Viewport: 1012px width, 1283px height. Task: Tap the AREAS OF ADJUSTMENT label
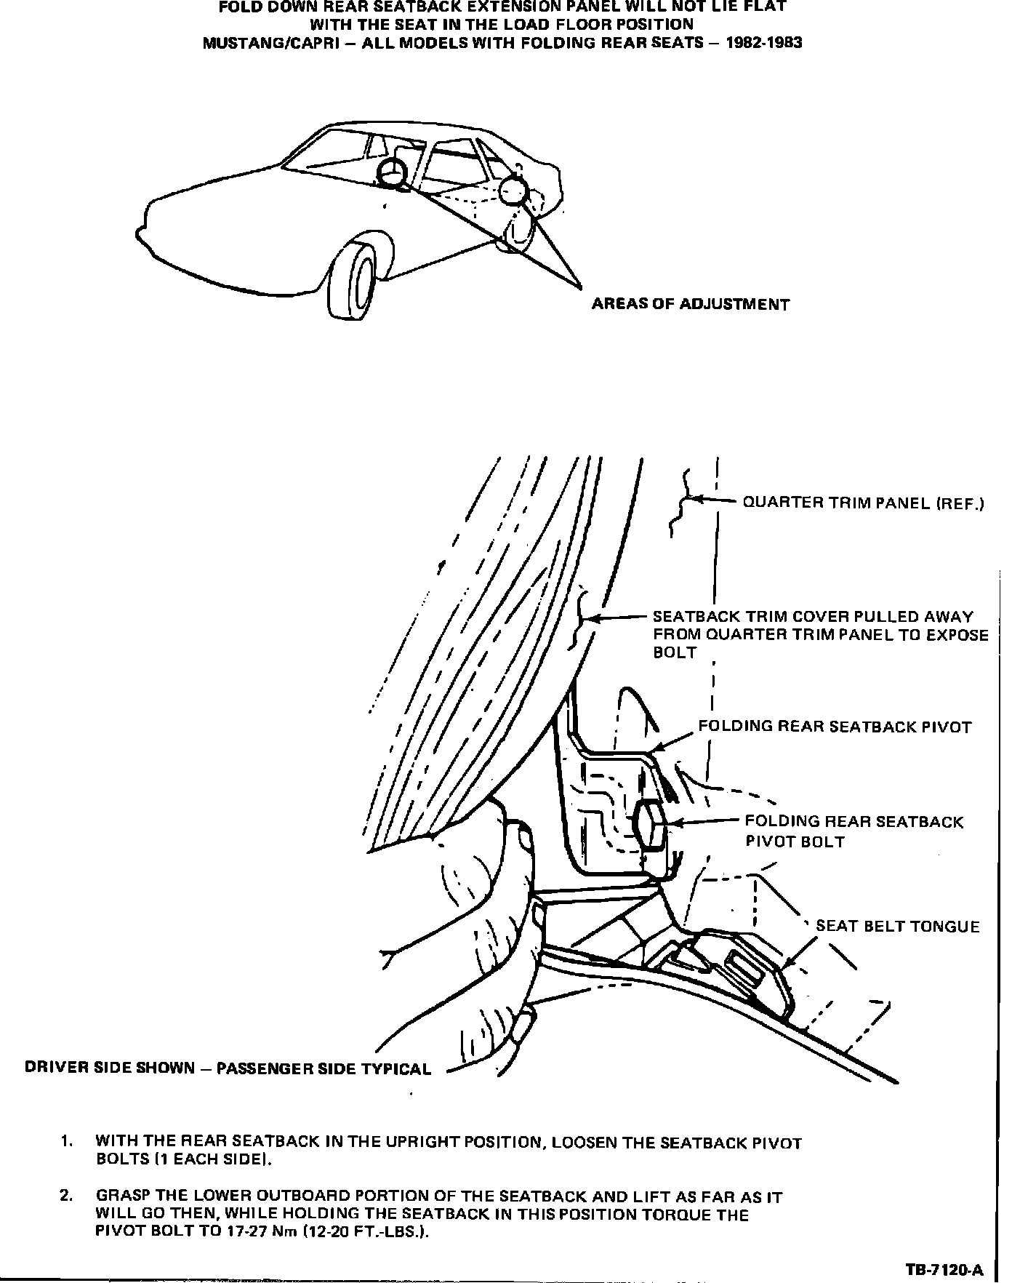(690, 305)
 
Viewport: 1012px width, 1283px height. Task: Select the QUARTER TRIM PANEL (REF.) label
(863, 503)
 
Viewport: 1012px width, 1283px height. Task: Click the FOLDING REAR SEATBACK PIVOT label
(835, 727)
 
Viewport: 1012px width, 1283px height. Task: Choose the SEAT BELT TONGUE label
(898, 926)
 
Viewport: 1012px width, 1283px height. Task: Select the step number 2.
(67, 1196)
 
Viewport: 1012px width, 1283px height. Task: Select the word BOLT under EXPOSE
(675, 652)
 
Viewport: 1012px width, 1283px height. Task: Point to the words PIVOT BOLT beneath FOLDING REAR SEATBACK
(795, 842)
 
